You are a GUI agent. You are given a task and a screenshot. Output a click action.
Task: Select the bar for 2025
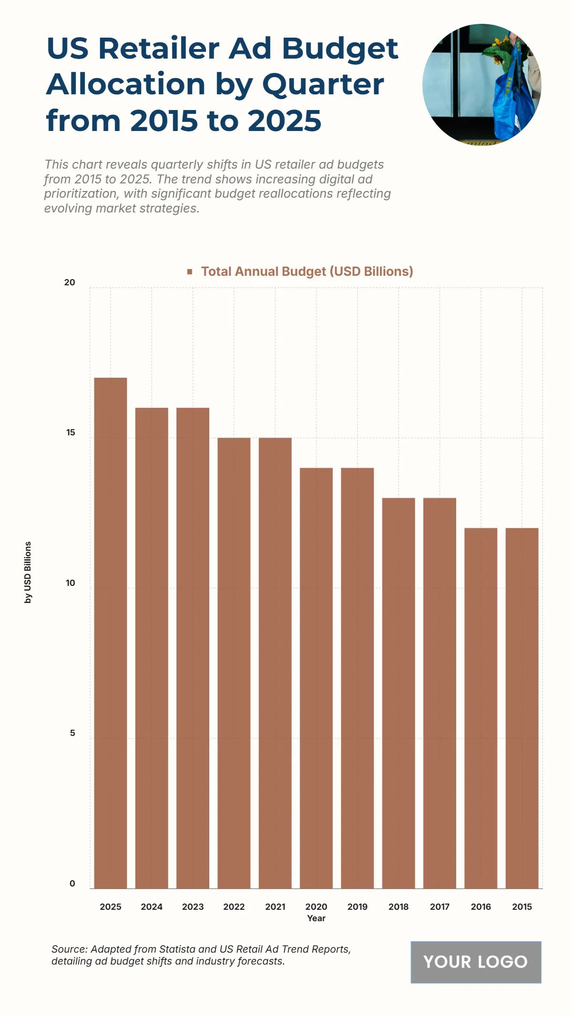(111, 633)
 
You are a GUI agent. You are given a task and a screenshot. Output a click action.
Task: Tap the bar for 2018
(398, 693)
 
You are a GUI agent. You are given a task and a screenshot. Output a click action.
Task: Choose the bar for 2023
(193, 648)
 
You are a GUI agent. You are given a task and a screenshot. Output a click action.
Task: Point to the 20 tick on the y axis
(70, 282)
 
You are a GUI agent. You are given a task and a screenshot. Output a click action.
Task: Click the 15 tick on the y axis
(71, 433)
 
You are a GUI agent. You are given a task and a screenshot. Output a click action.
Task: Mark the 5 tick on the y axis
(72, 733)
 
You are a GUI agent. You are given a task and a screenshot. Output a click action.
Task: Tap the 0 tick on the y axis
(72, 884)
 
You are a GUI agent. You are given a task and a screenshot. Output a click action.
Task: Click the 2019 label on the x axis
(357, 907)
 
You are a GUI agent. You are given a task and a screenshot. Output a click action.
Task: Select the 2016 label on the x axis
(480, 907)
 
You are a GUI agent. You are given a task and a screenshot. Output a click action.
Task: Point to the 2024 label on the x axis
(152, 907)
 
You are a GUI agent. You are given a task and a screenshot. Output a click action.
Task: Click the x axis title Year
(316, 918)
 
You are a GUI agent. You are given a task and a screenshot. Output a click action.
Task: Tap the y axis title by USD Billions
(28, 573)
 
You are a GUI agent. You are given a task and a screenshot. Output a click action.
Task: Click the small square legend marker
(190, 272)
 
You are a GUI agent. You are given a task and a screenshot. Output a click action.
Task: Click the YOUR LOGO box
(476, 962)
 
